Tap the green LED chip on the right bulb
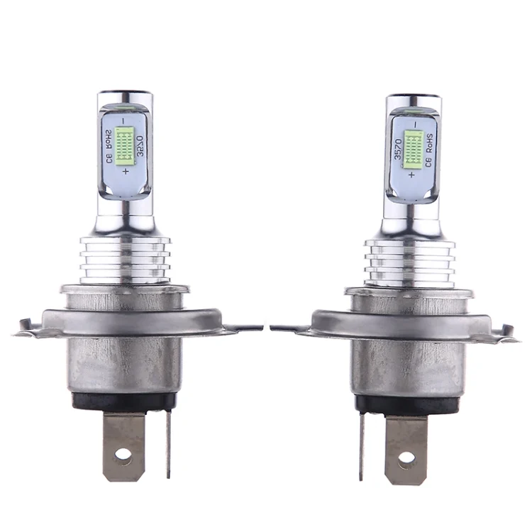[x=413, y=148]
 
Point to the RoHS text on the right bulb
[x=429, y=149]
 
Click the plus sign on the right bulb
[x=411, y=174]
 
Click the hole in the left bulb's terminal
[x=123, y=455]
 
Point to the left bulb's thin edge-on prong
[x=169, y=443]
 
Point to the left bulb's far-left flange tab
[x=25, y=327]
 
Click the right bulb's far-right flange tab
[x=506, y=331]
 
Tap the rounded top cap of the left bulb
[x=125, y=96]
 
